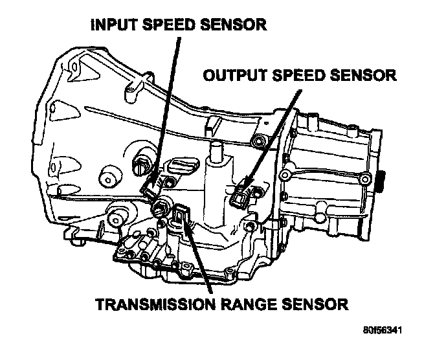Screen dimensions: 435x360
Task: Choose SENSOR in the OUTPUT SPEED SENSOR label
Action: (364, 76)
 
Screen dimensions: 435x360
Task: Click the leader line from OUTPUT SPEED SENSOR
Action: (272, 136)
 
